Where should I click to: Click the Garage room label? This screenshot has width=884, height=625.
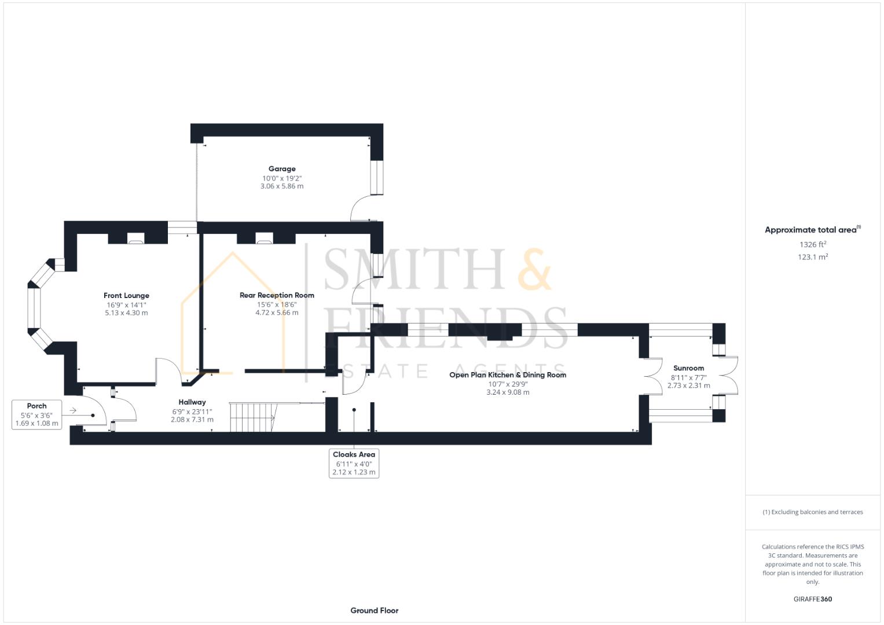(282, 169)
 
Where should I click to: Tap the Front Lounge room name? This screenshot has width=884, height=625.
(126, 296)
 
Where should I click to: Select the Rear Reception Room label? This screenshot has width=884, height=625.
(277, 295)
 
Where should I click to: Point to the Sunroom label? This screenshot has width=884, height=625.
(688, 368)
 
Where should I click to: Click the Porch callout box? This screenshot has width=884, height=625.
(37, 414)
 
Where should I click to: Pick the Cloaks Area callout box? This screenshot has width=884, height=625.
(354, 463)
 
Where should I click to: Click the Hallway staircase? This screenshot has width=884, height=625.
(252, 417)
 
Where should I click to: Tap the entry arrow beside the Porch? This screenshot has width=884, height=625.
(73, 411)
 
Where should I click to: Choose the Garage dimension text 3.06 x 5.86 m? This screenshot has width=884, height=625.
(282, 186)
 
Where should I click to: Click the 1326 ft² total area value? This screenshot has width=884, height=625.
(812, 245)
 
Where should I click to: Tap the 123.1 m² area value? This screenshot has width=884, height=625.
(812, 257)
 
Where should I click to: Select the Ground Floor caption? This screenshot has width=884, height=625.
(374, 611)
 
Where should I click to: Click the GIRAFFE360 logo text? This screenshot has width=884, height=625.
(812, 599)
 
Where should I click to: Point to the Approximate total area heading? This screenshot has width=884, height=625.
(812, 230)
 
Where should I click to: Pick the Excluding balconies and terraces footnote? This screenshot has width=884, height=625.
(812, 512)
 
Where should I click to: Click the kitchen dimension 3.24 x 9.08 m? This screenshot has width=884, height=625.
(508, 392)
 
